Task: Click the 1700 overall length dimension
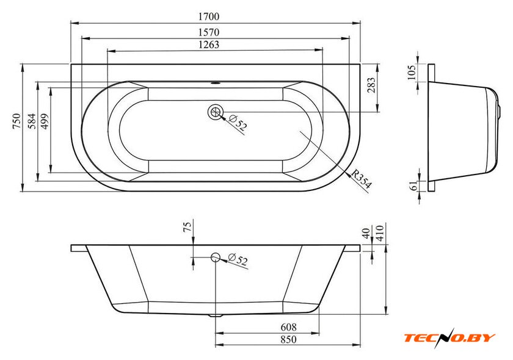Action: (209, 16)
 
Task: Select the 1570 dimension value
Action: (209, 32)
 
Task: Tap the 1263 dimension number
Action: (209, 45)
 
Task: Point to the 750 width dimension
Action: (16, 121)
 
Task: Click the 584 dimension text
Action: (32, 121)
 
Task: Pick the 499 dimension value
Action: (45, 121)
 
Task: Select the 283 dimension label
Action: (371, 85)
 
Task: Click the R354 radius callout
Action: (362, 179)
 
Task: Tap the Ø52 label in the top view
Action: (237, 122)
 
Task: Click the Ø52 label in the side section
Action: (238, 259)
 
